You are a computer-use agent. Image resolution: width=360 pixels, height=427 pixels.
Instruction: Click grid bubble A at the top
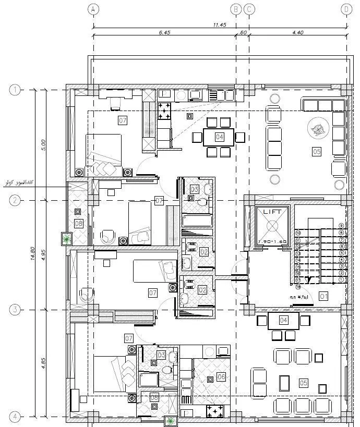[93, 9]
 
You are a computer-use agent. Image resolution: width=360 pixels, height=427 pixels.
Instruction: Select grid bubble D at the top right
[347, 9]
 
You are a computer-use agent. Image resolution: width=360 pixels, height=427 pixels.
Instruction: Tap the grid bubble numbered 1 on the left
[15, 90]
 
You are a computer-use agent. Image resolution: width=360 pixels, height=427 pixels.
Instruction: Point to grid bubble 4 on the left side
[15, 417]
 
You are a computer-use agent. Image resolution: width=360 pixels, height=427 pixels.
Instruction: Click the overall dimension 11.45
[219, 24]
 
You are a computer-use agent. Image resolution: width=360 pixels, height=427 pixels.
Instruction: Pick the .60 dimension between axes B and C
[243, 32]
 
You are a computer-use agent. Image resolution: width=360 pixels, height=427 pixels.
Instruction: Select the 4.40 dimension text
[297, 32]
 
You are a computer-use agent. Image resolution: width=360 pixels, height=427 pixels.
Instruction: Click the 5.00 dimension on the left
[44, 144]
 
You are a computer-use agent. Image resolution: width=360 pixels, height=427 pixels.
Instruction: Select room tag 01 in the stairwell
[323, 297]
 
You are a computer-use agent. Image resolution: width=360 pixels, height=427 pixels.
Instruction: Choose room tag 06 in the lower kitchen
[221, 376]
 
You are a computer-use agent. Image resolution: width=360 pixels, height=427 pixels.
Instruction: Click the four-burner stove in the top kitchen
[165, 110]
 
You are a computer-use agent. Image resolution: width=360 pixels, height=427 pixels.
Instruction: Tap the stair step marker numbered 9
[342, 226]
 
